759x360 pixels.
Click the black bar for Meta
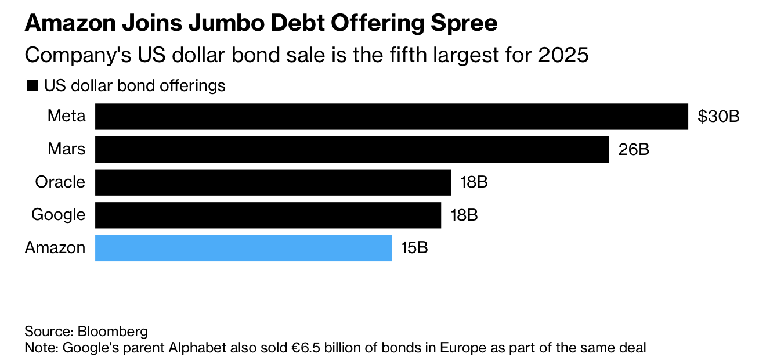(x=391, y=116)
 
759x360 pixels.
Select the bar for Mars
(x=352, y=149)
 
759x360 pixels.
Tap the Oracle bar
(x=273, y=182)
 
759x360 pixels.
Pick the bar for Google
(x=268, y=215)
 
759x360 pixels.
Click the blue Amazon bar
(x=243, y=248)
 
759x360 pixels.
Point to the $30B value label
(x=718, y=116)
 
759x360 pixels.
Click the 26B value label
(x=634, y=149)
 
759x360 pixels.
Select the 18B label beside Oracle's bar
(x=474, y=182)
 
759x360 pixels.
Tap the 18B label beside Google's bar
(x=464, y=215)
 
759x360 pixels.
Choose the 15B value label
(x=414, y=248)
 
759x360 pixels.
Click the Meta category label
(x=67, y=116)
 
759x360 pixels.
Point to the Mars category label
(x=67, y=149)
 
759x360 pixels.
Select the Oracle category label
(x=60, y=182)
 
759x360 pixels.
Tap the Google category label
(x=58, y=215)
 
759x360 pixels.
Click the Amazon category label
(x=55, y=248)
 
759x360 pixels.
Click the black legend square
(x=31, y=87)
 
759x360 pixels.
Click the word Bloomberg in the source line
(x=113, y=332)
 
